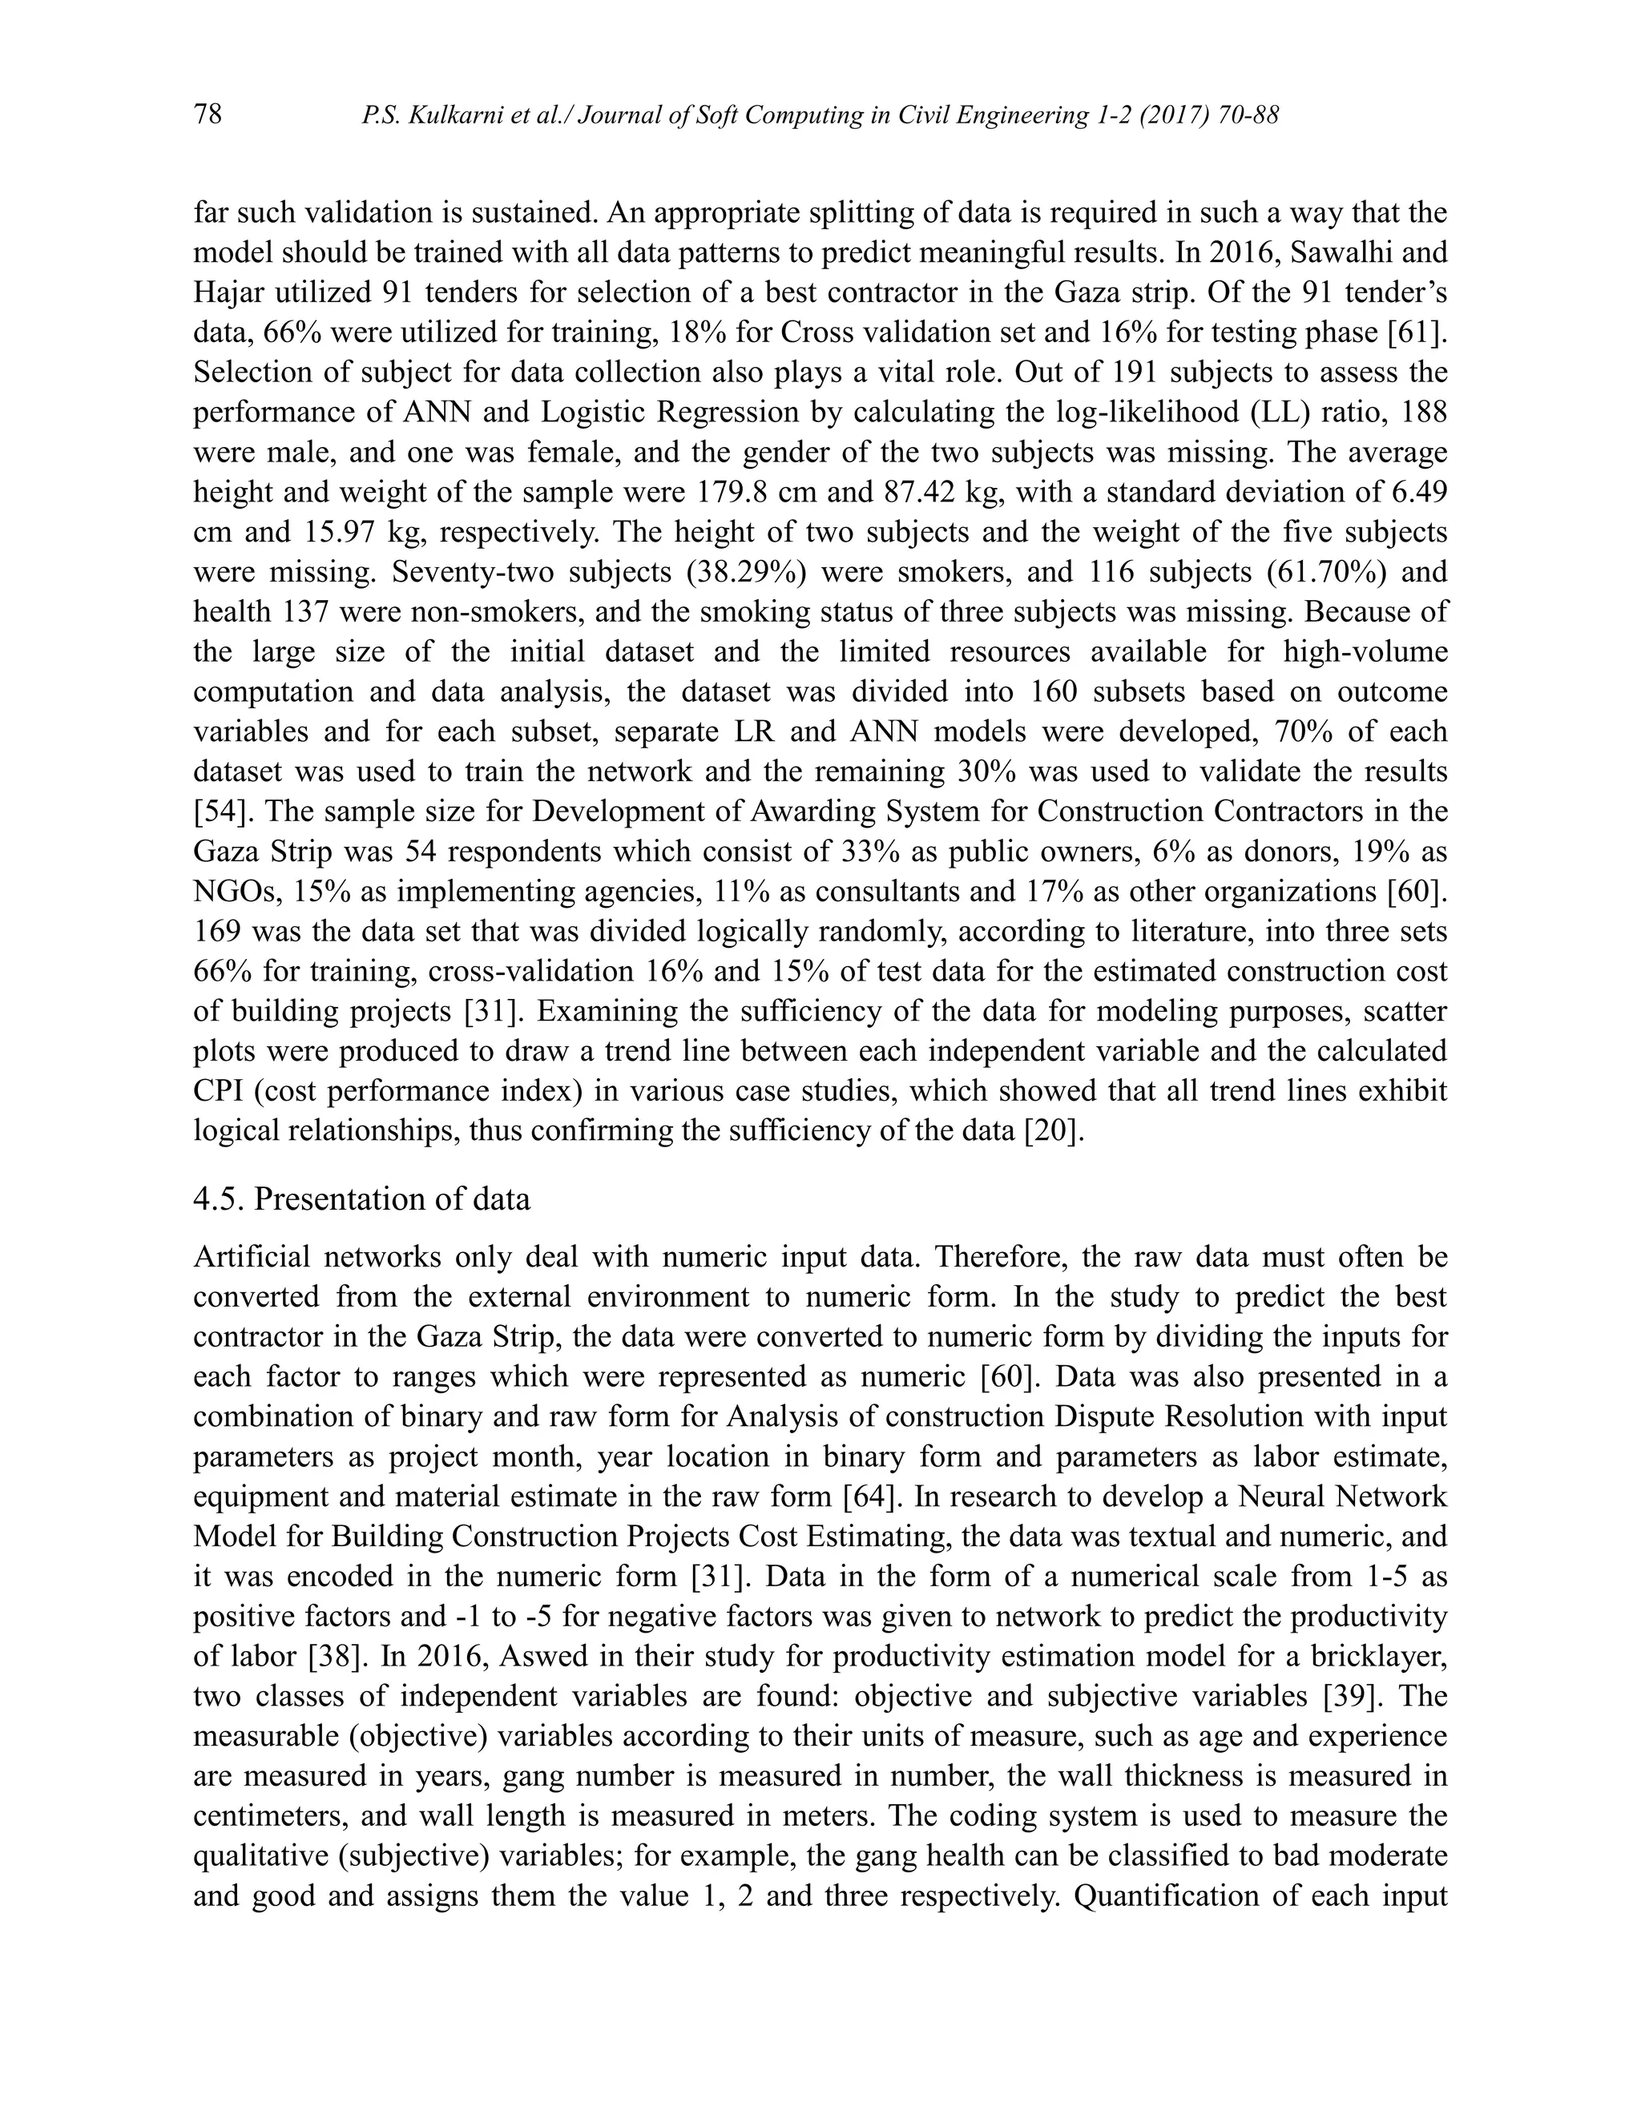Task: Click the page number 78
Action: point(208,115)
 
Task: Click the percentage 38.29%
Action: point(747,571)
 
